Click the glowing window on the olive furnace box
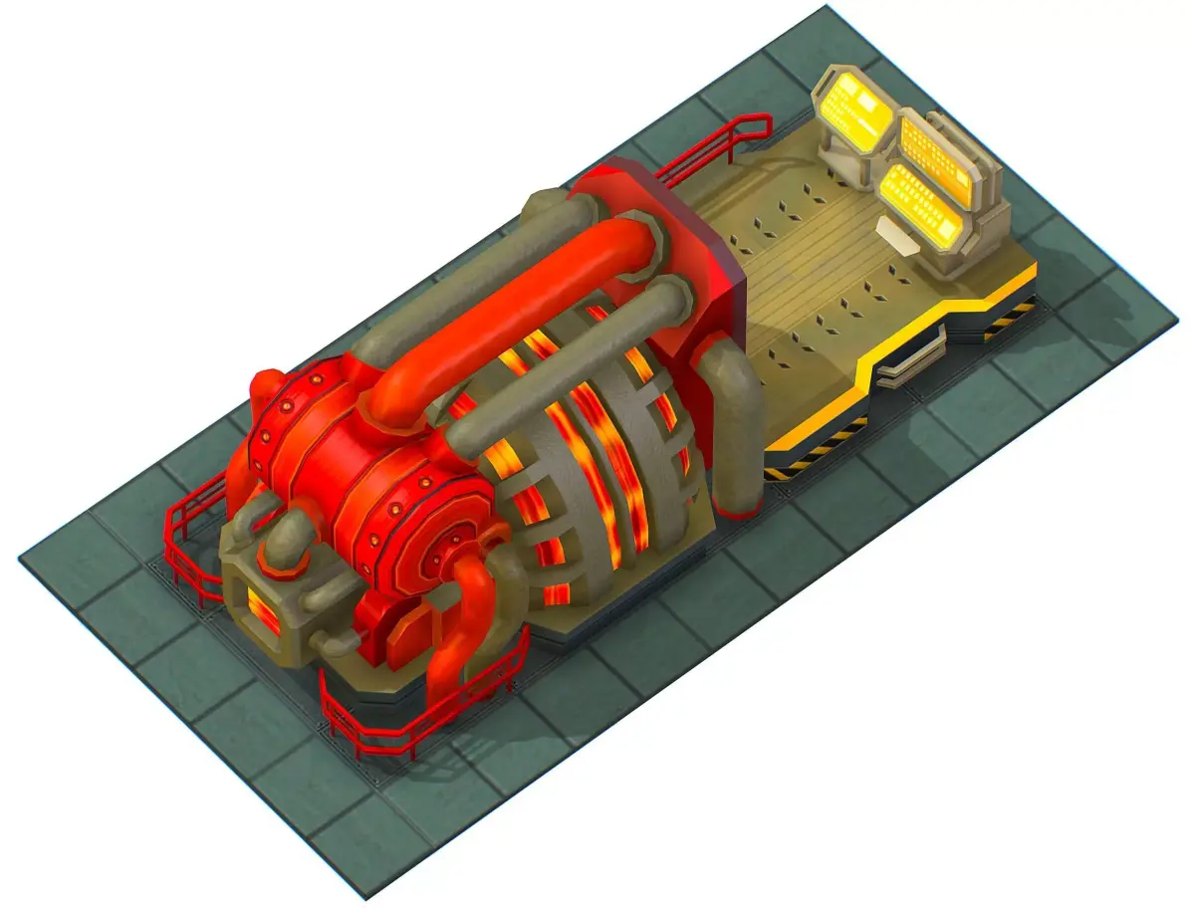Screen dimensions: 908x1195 (x=263, y=608)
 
